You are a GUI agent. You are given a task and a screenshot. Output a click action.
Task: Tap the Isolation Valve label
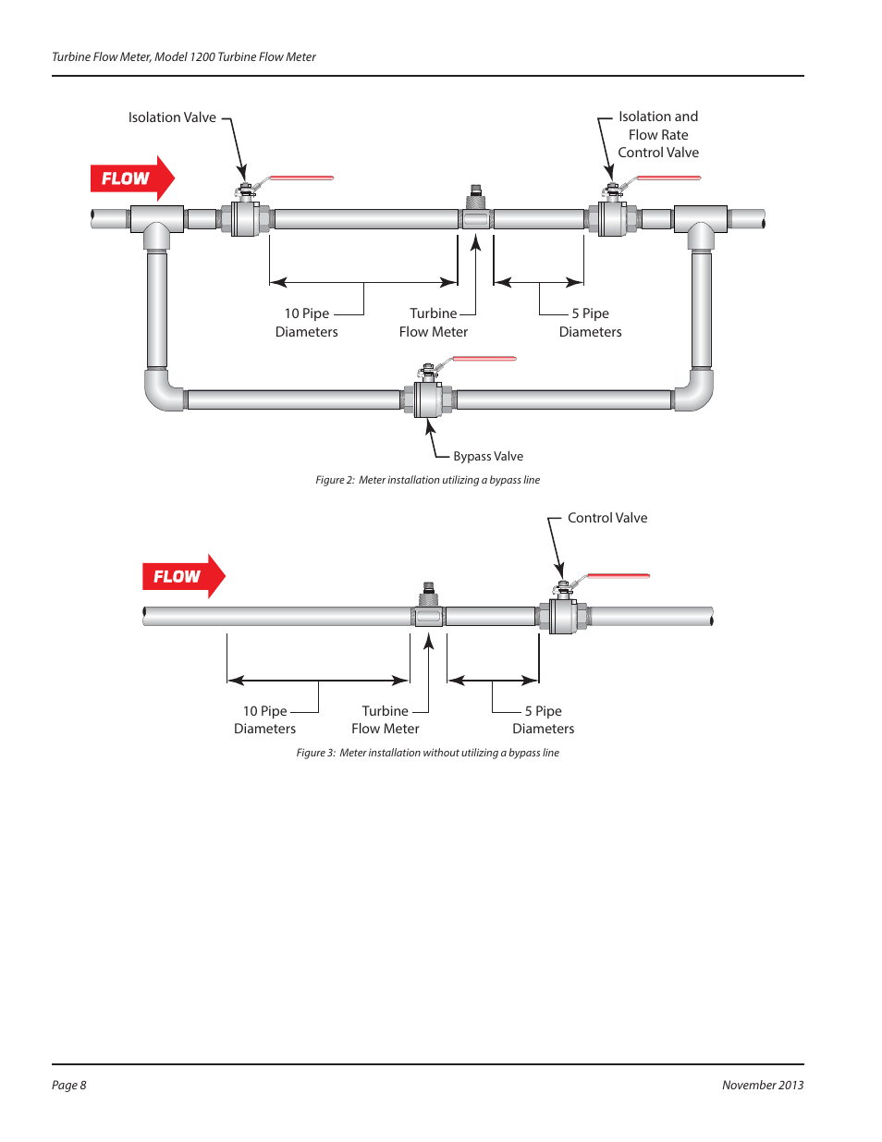[x=172, y=117]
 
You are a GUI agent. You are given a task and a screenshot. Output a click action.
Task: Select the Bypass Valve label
[x=488, y=456]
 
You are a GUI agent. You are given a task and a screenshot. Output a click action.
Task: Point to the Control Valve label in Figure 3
[x=607, y=518]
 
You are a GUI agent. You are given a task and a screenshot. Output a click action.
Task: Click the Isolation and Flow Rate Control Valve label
[x=658, y=134]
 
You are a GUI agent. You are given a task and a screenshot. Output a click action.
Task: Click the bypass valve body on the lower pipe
[x=427, y=399]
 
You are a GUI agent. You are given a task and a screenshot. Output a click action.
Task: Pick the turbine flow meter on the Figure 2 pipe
[x=476, y=217]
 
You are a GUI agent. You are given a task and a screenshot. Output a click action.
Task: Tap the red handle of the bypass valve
[x=484, y=359]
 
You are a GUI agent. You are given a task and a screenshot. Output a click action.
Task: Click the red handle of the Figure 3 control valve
[x=618, y=576]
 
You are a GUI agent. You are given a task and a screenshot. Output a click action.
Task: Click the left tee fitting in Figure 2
[x=156, y=222]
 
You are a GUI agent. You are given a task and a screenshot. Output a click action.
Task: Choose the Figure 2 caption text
[x=428, y=480]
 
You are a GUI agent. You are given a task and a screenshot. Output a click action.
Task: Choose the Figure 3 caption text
[x=428, y=753]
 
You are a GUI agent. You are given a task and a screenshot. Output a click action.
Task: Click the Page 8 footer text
[x=69, y=1085]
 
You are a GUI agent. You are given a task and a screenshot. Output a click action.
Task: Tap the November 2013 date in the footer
[x=763, y=1085]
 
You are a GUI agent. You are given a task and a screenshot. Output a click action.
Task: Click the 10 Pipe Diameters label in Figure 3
[x=265, y=719]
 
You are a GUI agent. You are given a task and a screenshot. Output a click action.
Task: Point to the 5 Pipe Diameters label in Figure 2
[x=591, y=323]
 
